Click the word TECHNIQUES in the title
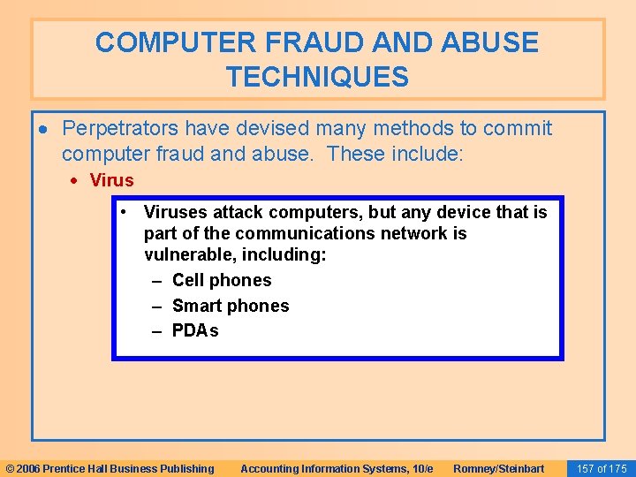coord(318,76)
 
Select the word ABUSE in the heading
coord(489,42)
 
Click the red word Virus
coord(111,180)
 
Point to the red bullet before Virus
coord(73,181)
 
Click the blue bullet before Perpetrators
coord(43,130)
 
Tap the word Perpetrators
coord(120,129)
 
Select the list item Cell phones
coord(222,280)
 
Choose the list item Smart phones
coord(231,306)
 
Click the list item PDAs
coord(195,330)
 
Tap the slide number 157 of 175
coord(602,469)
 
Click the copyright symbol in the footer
coord(10,469)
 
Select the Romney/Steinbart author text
coord(498,469)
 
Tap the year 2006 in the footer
coord(28,469)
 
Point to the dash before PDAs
coord(157,332)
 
